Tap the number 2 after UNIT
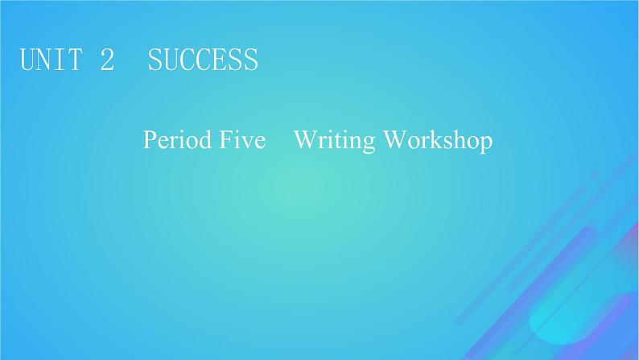click(107, 60)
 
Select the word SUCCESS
click(203, 60)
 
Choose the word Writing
click(335, 142)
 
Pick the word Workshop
click(437, 142)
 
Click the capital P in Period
click(150, 141)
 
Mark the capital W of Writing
click(305, 141)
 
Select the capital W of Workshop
click(394, 141)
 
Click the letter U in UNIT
click(28, 60)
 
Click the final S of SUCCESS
click(250, 60)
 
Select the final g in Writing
click(368, 144)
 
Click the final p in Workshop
click(484, 144)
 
